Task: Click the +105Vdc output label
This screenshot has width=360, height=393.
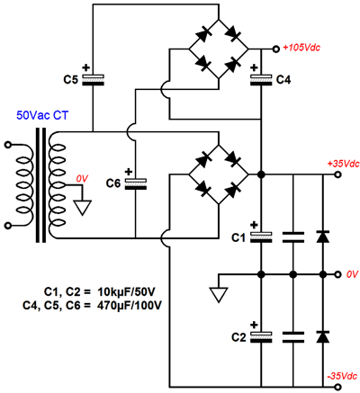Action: [301, 48]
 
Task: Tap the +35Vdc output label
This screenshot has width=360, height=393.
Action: [343, 164]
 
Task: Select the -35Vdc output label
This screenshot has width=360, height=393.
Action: [343, 376]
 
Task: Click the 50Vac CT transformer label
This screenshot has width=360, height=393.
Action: [42, 115]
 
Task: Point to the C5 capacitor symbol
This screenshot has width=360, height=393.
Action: [93, 80]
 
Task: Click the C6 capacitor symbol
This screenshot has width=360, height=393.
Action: [136, 183]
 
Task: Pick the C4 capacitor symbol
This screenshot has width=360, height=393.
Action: [261, 80]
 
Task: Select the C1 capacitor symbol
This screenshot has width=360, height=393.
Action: [261, 237]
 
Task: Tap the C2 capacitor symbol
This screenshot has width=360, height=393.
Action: [261, 337]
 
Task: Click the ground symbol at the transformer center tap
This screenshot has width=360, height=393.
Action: [83, 208]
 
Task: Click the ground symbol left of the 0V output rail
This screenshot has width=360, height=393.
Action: [219, 295]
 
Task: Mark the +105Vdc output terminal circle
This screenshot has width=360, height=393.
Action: [275, 49]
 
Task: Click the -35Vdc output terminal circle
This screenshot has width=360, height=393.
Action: [338, 386]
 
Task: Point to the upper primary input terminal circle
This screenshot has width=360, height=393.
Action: [8, 145]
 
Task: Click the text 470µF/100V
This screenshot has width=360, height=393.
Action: [130, 306]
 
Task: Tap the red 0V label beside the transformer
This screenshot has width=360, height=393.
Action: [82, 179]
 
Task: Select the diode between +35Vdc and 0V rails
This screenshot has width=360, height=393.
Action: [323, 237]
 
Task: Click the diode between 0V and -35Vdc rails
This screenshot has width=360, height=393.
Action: [323, 336]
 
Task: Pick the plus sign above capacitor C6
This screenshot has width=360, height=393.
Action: [129, 172]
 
